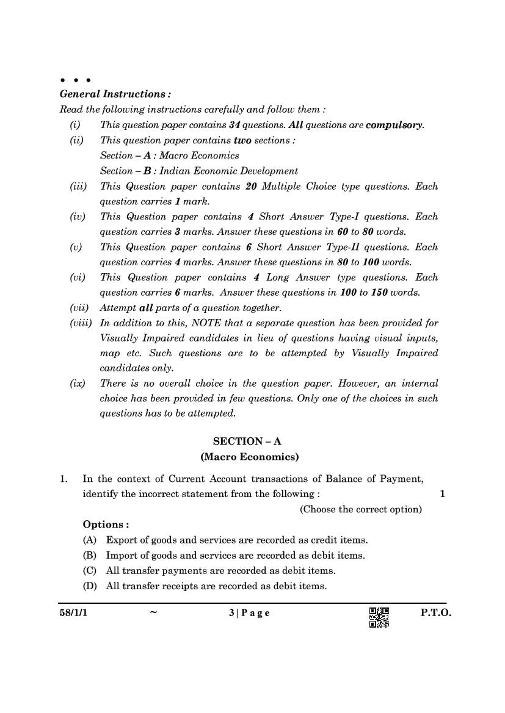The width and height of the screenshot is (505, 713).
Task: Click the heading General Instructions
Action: pos(115,94)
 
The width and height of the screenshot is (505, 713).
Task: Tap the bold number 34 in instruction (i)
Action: pos(234,125)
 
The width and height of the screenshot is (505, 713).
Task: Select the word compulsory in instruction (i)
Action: pos(394,125)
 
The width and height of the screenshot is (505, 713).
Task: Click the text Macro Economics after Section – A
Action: pos(199,156)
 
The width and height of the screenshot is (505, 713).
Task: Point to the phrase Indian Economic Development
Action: pos(229,171)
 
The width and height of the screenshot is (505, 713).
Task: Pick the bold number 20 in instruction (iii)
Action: pos(250,186)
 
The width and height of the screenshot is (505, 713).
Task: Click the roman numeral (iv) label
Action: pos(78,217)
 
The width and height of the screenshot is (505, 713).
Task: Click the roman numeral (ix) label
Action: pos(78,384)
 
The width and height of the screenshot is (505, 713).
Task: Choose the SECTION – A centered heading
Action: pos(247,441)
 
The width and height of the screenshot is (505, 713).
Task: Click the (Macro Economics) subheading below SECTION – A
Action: pos(249,456)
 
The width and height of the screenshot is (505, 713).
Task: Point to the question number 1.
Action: pos(64,479)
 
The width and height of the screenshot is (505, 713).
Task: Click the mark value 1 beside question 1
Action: pos(442,494)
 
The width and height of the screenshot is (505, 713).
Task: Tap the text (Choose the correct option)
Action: pos(360,509)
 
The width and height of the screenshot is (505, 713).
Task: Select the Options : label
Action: pos(106,525)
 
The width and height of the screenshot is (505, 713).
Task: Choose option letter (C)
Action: pos(90,571)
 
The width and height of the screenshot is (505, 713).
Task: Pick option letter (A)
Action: pos(90,540)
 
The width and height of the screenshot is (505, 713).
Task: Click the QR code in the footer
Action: pos(379,617)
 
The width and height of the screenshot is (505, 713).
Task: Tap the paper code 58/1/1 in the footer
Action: pos(65,613)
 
